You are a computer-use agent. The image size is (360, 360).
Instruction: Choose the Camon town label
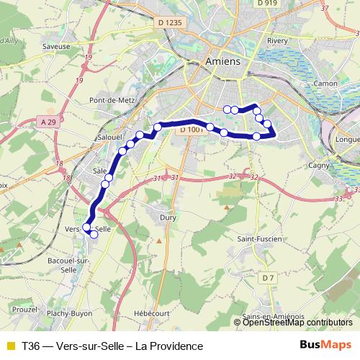pyautogui.click(x=326, y=84)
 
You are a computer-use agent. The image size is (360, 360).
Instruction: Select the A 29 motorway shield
pyautogui.click(x=49, y=122)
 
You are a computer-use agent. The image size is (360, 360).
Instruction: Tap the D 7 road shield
pyautogui.click(x=268, y=277)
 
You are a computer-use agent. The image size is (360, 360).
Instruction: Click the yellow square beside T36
pyautogui.click(x=9, y=346)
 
